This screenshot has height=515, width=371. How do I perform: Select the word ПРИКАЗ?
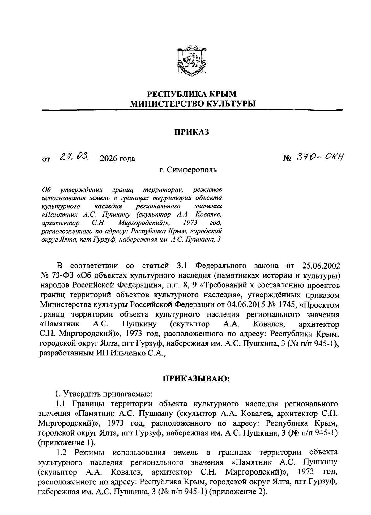[x=191, y=132]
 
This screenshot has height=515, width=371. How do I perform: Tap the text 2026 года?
[x=117, y=159]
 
